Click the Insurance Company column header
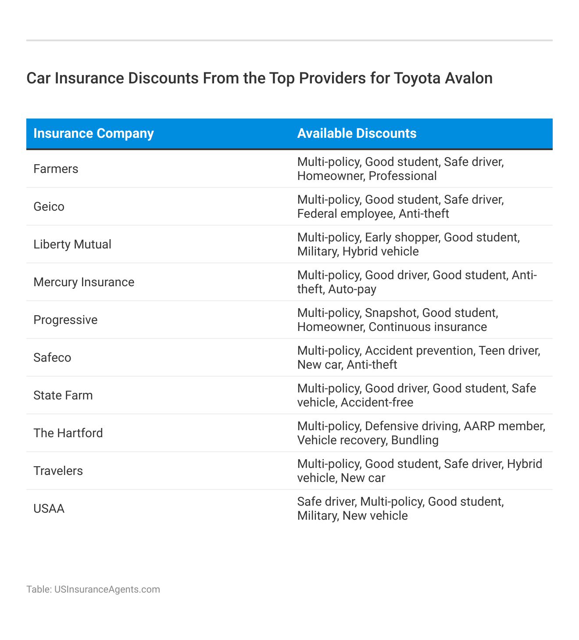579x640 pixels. pyautogui.click(x=93, y=133)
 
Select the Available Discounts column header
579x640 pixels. pyautogui.click(x=357, y=133)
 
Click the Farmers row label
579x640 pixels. pyautogui.click(x=56, y=169)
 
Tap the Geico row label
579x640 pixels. pyautogui.click(x=49, y=207)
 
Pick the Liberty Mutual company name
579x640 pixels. pyautogui.click(x=72, y=244)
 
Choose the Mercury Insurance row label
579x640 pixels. pyautogui.click(x=84, y=282)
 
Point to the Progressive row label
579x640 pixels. pyautogui.click(x=65, y=320)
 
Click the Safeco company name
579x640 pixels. pyautogui.click(x=52, y=358)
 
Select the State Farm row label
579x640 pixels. pyautogui.click(x=63, y=396)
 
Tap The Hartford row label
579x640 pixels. pyautogui.click(x=68, y=433)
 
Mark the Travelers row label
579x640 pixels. pyautogui.click(x=58, y=471)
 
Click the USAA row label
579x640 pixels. pyautogui.click(x=49, y=509)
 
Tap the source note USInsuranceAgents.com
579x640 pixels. pyautogui.click(x=107, y=589)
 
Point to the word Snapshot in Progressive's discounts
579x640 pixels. pyautogui.click(x=390, y=313)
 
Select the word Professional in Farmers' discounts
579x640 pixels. pyautogui.click(x=402, y=176)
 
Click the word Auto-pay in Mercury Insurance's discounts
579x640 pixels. pyautogui.click(x=352, y=289)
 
